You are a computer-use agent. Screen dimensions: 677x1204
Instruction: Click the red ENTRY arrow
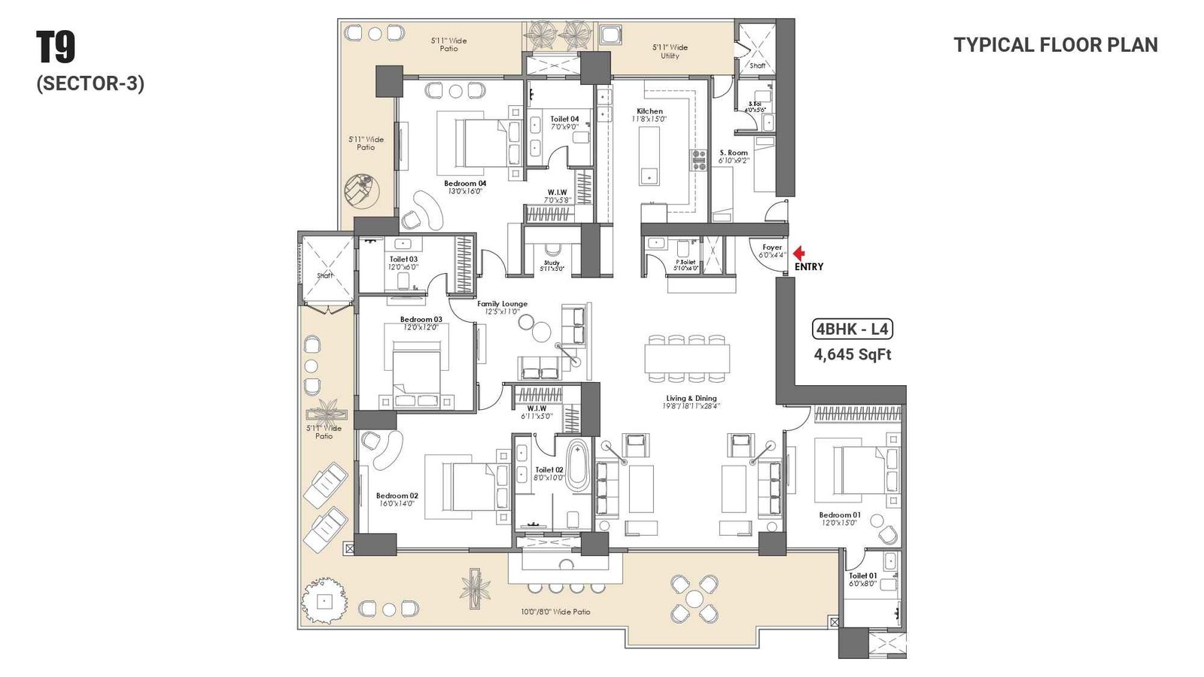tap(799, 254)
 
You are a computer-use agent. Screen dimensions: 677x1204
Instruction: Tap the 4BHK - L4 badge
tap(853, 329)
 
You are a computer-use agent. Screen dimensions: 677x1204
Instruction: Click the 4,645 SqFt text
tap(852, 354)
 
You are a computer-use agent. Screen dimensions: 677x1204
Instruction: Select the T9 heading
tap(56, 47)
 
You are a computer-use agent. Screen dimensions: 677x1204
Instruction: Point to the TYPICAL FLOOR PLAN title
tap(1056, 45)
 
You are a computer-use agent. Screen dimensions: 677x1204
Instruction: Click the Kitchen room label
tap(649, 111)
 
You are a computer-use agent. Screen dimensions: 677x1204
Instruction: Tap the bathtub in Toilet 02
tap(577, 466)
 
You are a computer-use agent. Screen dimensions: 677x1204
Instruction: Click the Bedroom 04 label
tap(464, 184)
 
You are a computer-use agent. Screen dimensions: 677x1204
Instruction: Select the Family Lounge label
tap(502, 304)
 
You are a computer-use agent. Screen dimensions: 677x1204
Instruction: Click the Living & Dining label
tap(691, 399)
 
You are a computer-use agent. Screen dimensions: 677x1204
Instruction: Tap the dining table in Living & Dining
tap(687, 358)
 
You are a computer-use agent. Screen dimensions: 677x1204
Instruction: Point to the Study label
tap(552, 263)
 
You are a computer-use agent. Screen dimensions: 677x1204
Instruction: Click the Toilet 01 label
tap(862, 575)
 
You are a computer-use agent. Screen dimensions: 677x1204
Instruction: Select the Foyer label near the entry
tap(772, 247)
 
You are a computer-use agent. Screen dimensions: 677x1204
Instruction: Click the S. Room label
tap(734, 153)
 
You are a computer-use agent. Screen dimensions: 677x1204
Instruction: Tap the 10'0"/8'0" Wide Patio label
tap(555, 612)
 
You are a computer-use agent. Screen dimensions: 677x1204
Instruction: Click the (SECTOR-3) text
tap(90, 83)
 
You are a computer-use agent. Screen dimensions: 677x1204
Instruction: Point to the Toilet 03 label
tap(403, 260)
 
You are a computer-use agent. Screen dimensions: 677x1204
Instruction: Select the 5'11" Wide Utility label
tap(670, 51)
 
